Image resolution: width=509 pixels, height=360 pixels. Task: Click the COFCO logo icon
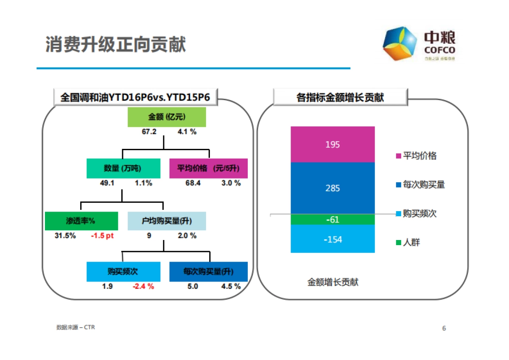(x=400, y=44)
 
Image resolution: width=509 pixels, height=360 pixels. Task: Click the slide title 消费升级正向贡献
(x=116, y=45)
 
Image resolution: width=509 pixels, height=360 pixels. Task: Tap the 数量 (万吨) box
(x=123, y=168)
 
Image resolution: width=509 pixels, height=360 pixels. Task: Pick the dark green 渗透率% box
(x=81, y=221)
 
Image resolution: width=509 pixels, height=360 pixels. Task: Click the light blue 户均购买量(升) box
(x=167, y=221)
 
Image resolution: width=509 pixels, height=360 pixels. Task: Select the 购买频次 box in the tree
(x=123, y=272)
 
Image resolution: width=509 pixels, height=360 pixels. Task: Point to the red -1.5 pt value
(x=102, y=236)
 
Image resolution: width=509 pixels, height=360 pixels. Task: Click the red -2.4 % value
(x=143, y=287)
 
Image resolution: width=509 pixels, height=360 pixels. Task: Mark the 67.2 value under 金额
(x=149, y=132)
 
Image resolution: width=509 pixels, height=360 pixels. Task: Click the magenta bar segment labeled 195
(x=333, y=145)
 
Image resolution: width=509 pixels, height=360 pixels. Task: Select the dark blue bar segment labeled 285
(x=333, y=188)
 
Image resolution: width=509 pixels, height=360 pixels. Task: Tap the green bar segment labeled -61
(x=333, y=219)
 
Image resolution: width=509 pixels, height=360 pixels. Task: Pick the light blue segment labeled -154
(x=333, y=239)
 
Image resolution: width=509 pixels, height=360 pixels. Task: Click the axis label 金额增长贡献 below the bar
(x=333, y=282)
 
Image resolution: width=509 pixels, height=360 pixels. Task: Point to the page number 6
(x=444, y=328)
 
